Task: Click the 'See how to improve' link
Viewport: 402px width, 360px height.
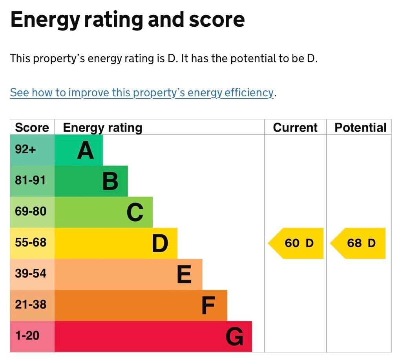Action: click(x=142, y=93)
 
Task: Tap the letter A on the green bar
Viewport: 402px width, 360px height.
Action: click(x=86, y=151)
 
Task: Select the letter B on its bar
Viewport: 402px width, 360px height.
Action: click(x=110, y=182)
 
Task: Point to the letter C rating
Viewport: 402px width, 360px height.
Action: click(x=135, y=212)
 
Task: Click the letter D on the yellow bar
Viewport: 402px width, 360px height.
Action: click(x=160, y=243)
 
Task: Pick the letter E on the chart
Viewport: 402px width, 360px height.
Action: click(x=185, y=274)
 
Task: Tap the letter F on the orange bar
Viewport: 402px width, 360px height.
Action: click(x=208, y=305)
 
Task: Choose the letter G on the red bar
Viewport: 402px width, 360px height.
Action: click(x=235, y=336)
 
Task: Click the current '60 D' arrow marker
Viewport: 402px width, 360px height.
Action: click(x=296, y=243)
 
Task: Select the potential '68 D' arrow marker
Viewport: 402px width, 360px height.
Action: click(x=358, y=243)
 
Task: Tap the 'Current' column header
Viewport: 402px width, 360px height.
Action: click(x=295, y=127)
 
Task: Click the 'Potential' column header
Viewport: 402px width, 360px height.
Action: click(x=360, y=127)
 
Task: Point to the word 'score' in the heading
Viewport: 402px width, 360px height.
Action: click(x=217, y=20)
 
